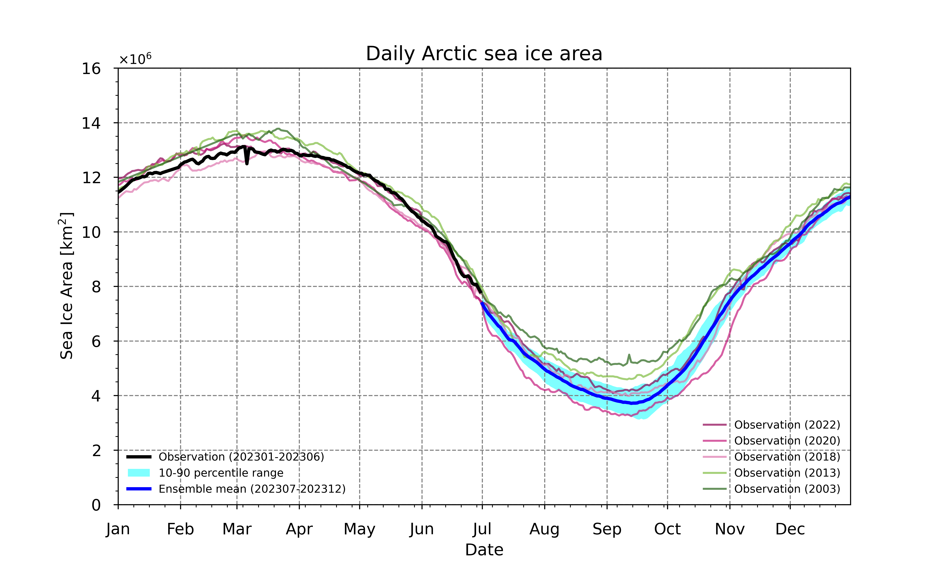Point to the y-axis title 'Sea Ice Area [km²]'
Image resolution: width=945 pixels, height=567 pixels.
[66, 286]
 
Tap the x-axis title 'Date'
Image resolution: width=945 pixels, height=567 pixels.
[484, 550]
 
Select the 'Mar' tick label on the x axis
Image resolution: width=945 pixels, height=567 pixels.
[237, 529]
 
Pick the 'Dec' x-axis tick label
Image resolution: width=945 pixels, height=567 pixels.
[790, 529]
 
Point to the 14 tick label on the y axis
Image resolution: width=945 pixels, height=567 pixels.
[91, 123]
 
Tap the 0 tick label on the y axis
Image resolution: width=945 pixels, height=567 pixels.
[96, 505]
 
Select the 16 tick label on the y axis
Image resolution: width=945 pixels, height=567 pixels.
[91, 69]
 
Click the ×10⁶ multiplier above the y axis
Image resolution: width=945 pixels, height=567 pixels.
[135, 59]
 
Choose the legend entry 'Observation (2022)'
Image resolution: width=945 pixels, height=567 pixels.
[772, 425]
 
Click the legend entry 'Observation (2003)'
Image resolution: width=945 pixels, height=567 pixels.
[772, 489]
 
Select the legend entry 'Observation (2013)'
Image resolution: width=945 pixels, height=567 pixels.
[772, 473]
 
